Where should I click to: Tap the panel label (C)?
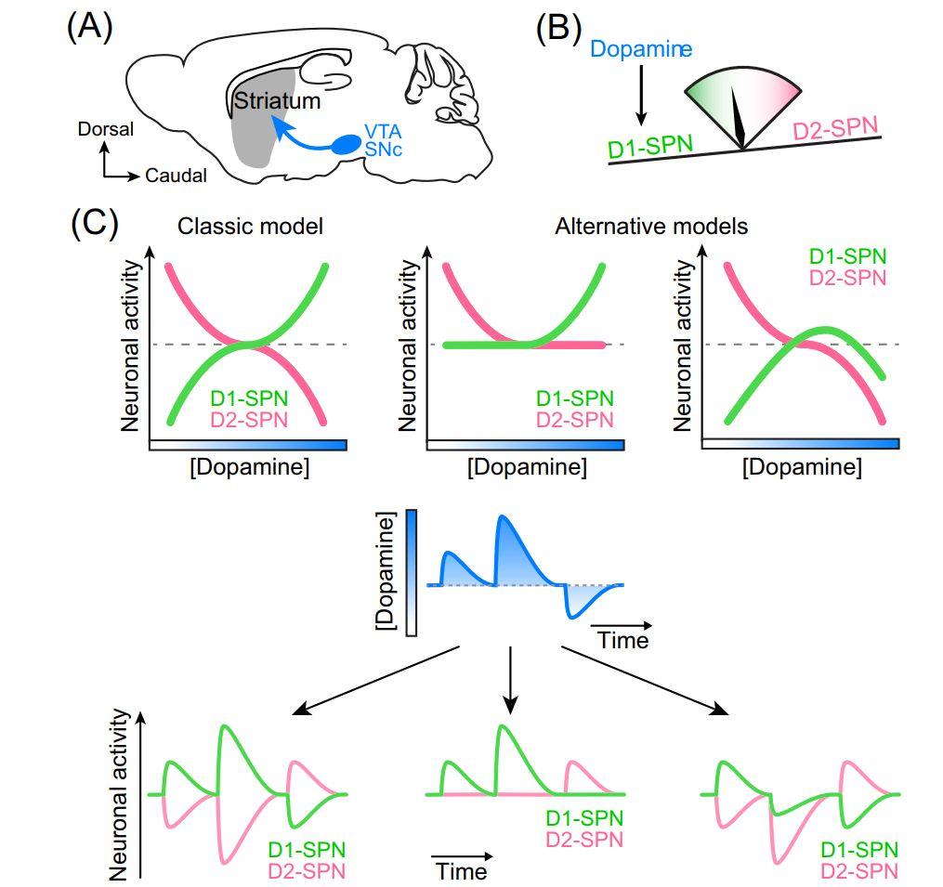(93, 224)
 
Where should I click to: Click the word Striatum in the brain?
(276, 100)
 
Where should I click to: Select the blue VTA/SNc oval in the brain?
(348, 144)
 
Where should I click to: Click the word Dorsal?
(105, 129)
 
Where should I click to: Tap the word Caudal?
(175, 175)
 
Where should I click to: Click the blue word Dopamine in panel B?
(640, 48)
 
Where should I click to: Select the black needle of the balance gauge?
(739, 119)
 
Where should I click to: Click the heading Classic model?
(250, 226)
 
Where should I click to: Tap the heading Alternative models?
(650, 226)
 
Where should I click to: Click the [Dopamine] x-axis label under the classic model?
(249, 466)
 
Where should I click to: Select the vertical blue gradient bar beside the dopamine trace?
(412, 574)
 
